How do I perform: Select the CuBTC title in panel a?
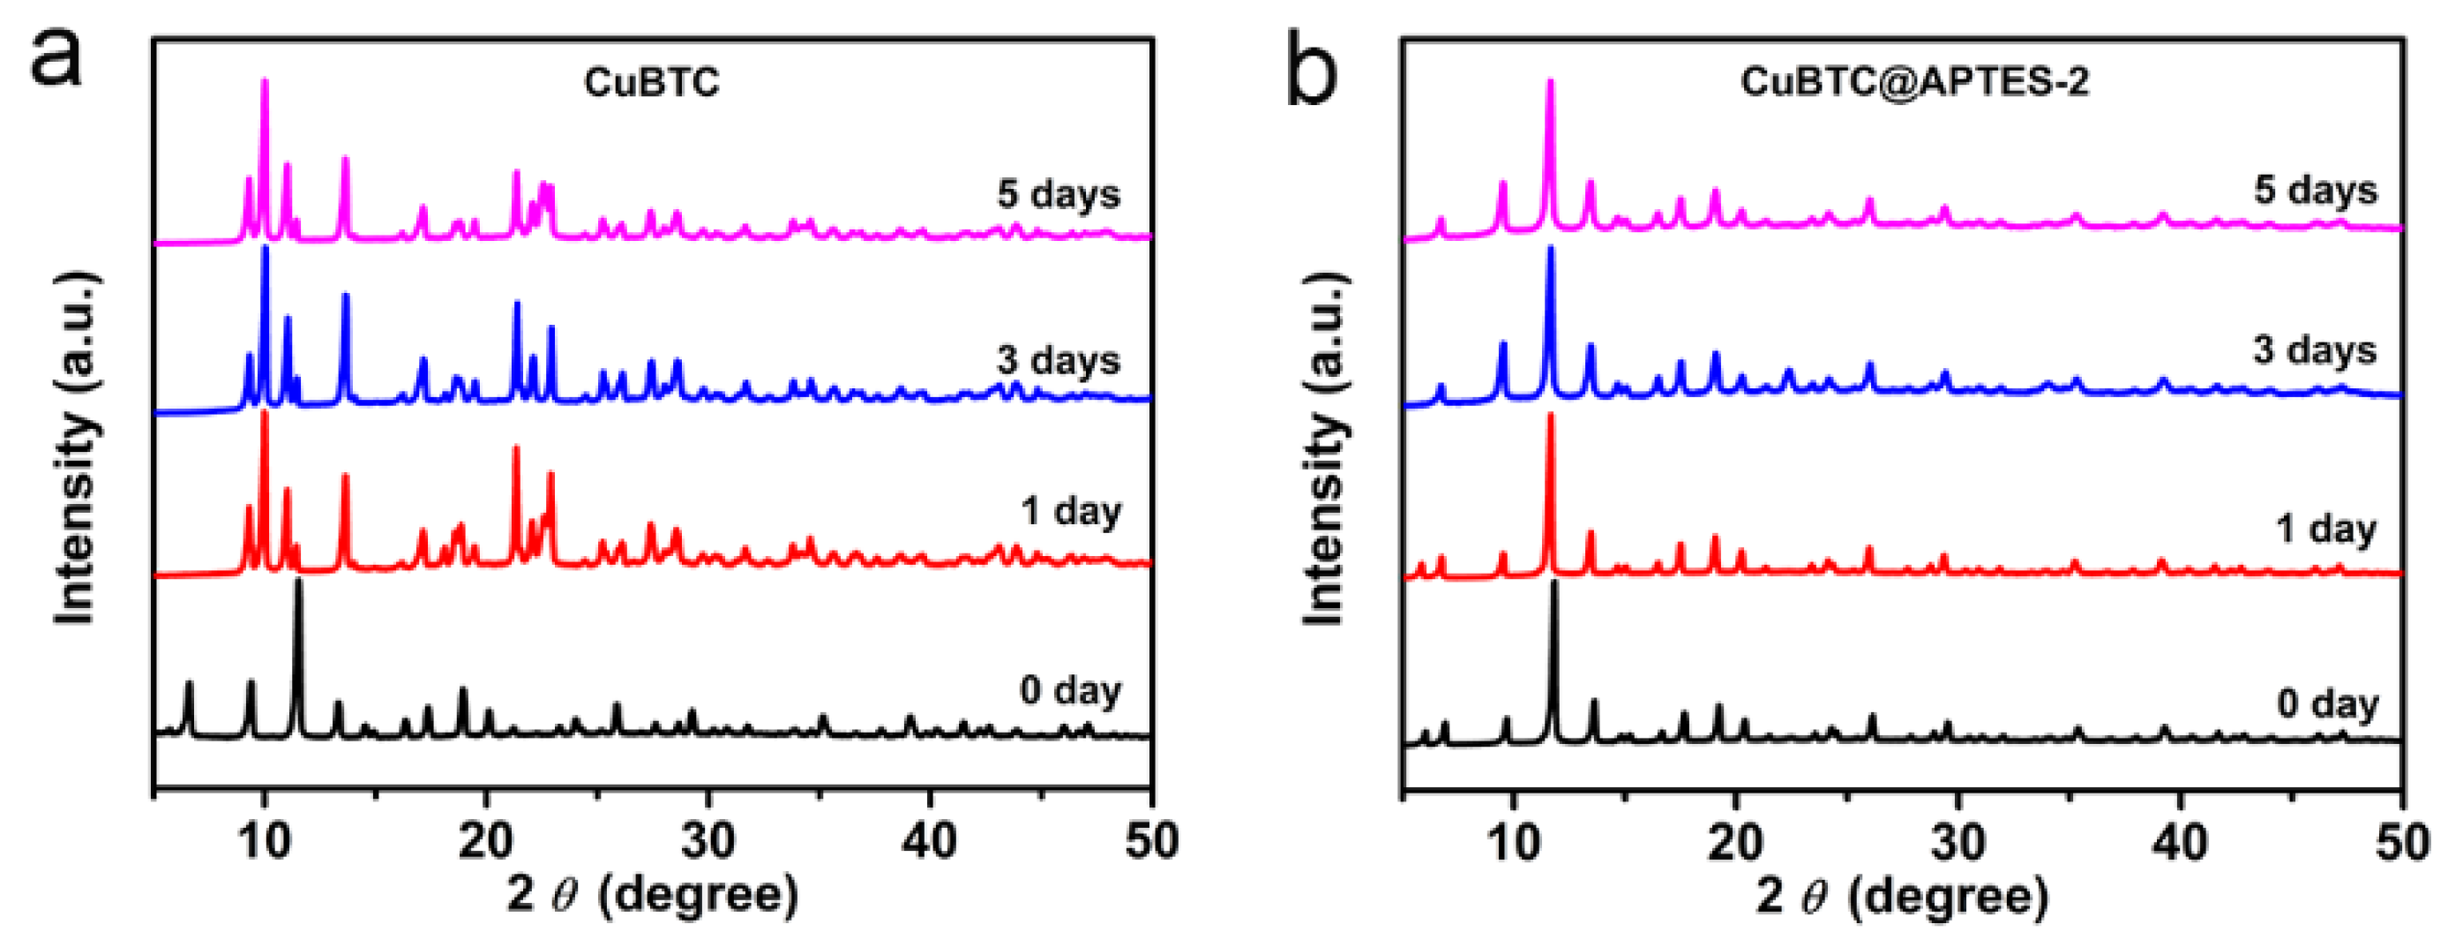pyautogui.click(x=652, y=83)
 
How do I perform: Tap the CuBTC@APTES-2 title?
pyautogui.click(x=1914, y=82)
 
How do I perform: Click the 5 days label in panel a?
pyautogui.click(x=1058, y=195)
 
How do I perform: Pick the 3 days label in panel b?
pyautogui.click(x=2314, y=351)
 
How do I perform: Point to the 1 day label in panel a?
pyautogui.click(x=1070, y=512)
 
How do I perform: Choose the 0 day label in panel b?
pyautogui.click(x=2327, y=704)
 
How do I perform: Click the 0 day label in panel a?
pyautogui.click(x=1070, y=690)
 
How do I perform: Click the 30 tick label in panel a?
pyautogui.click(x=708, y=841)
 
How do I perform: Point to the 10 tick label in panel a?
pyautogui.click(x=264, y=841)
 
